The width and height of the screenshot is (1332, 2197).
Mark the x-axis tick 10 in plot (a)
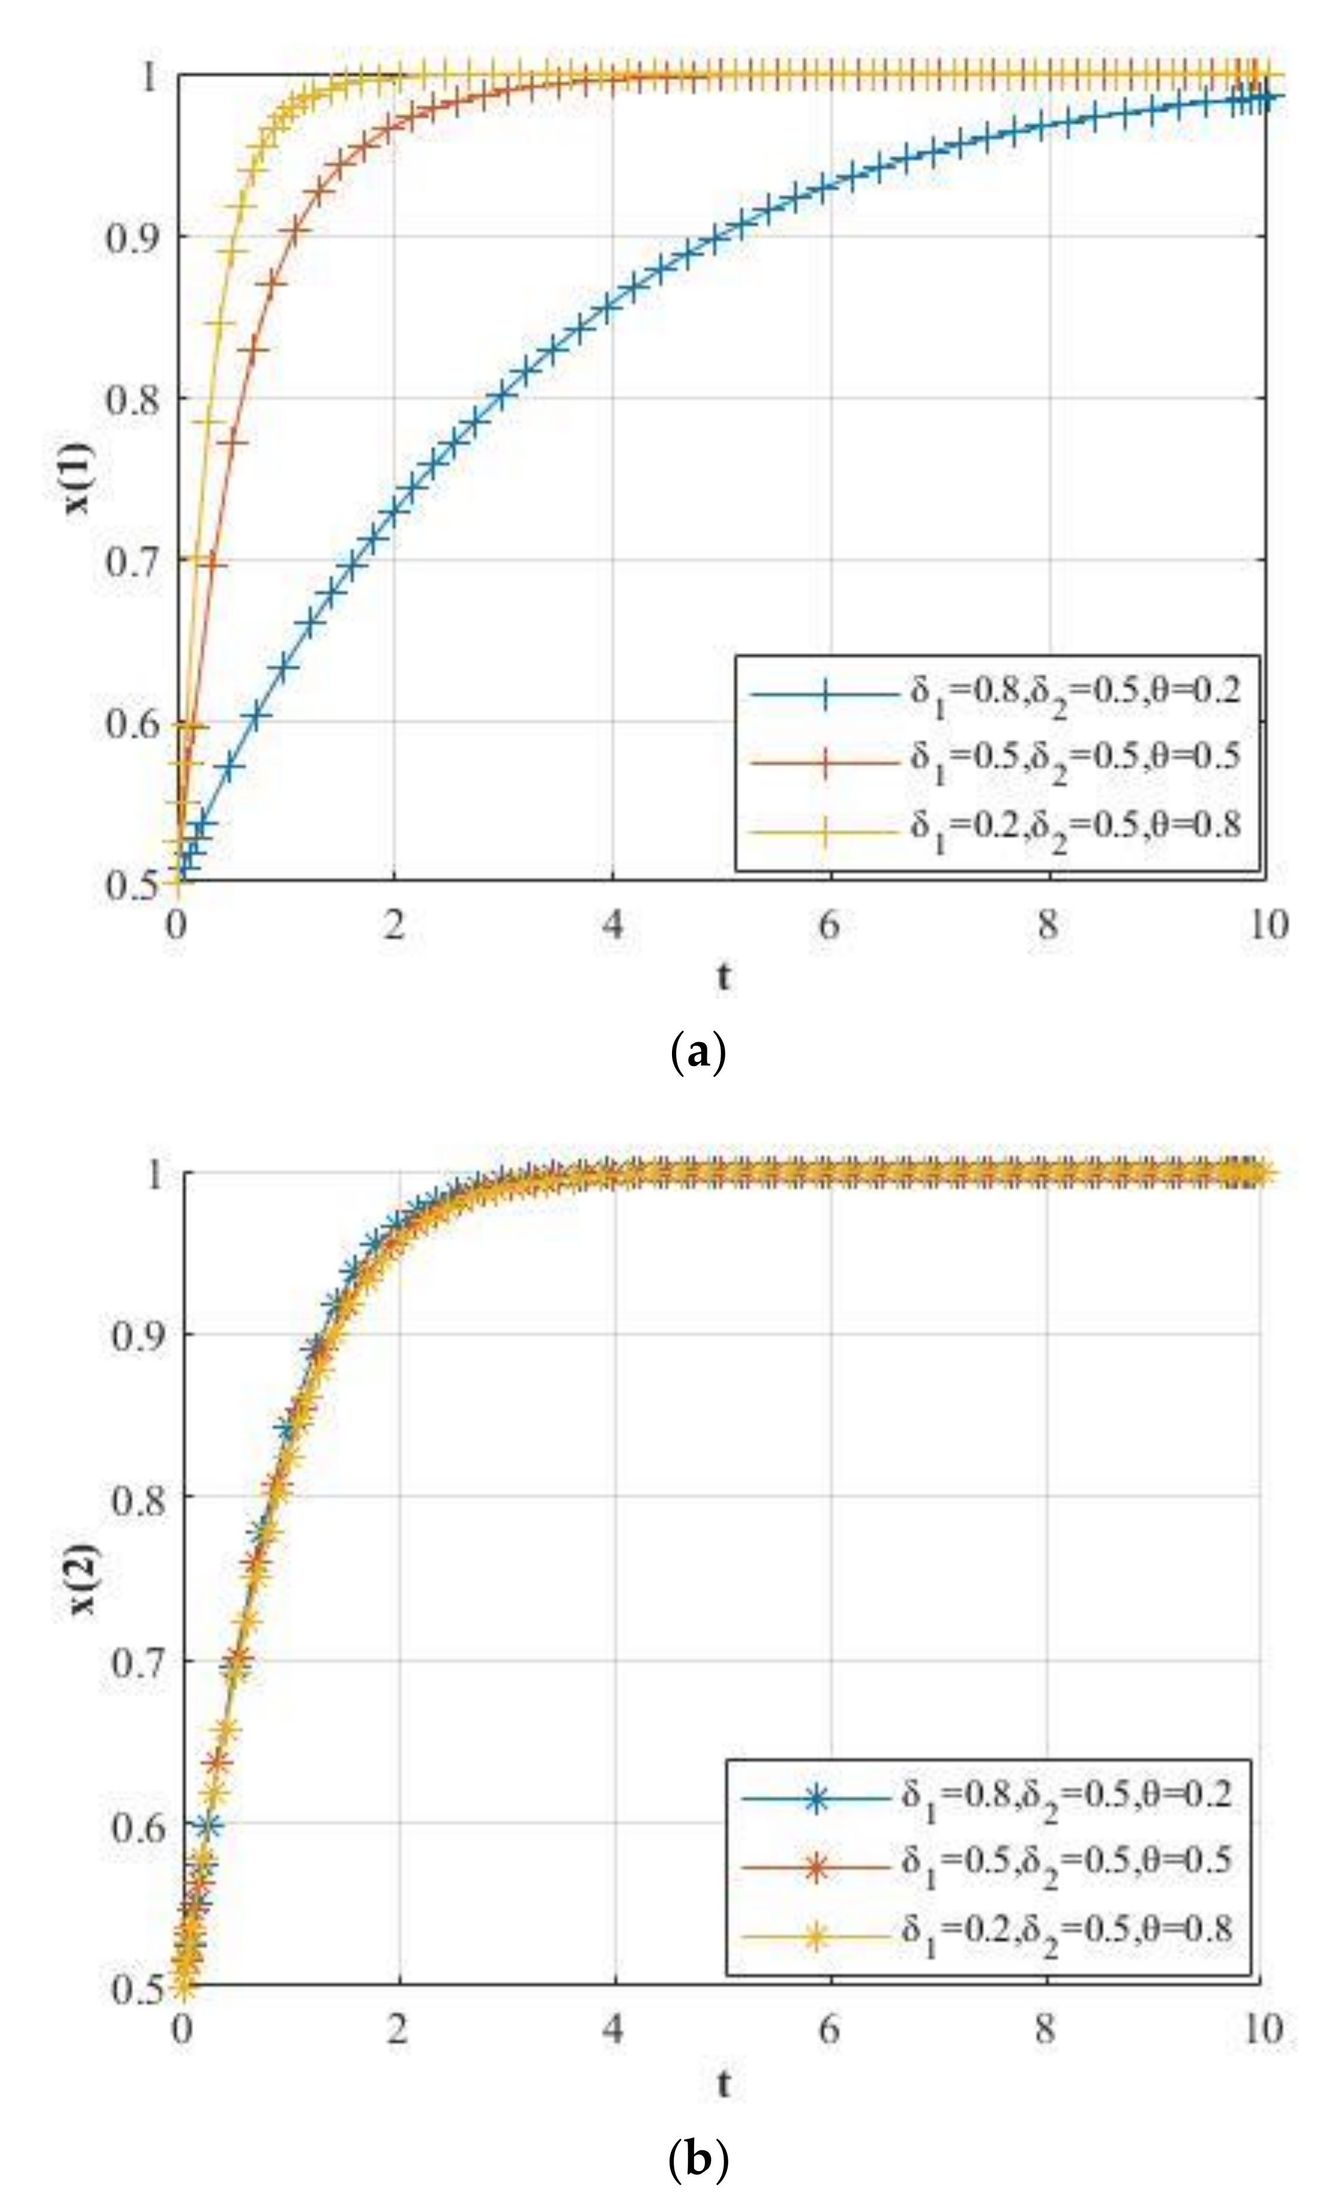pyautogui.click(x=1266, y=925)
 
